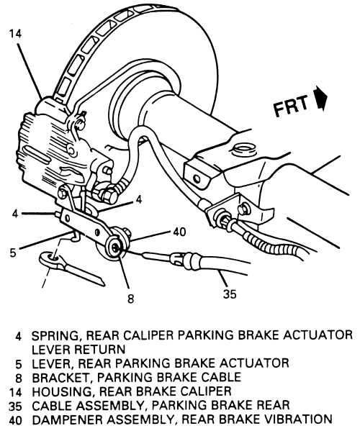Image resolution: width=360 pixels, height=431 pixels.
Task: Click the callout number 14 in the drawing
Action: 15,34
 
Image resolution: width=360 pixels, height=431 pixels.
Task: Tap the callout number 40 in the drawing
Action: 179,232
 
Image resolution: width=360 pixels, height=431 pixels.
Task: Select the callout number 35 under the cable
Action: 230,294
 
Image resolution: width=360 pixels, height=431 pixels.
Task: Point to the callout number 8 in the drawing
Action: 130,298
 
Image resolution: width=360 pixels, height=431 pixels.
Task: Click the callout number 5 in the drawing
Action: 13,253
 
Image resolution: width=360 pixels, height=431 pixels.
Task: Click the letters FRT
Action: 291,106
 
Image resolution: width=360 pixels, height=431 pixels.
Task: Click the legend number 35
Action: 15,406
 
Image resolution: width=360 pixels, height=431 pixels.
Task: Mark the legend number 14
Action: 15,392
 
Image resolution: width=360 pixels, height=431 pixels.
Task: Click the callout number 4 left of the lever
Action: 15,214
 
